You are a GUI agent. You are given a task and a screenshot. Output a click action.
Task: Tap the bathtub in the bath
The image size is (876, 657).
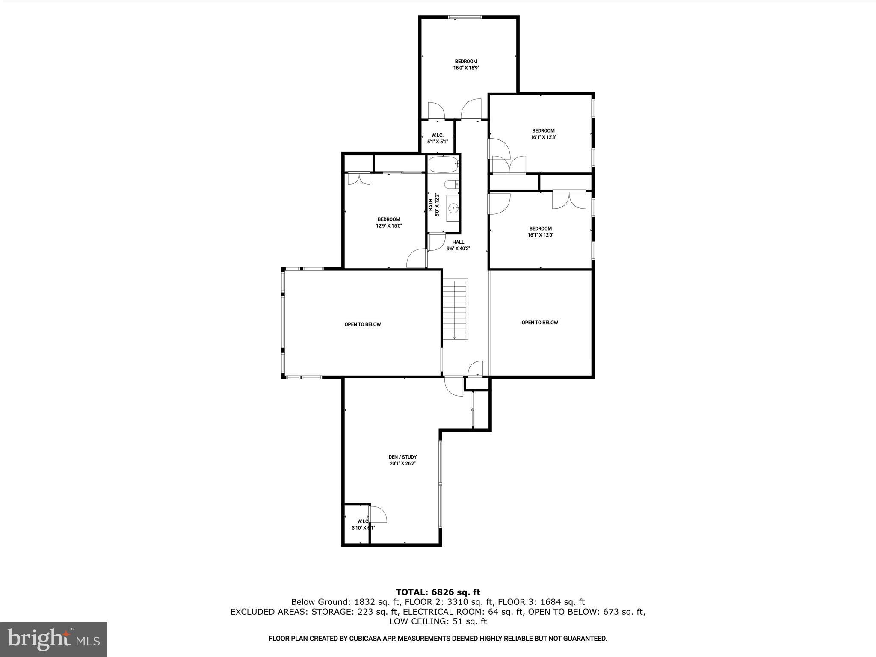(443, 164)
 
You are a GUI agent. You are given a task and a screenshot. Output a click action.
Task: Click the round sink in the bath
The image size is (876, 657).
(453, 208)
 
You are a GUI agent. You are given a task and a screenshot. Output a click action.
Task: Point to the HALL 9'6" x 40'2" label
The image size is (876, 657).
(458, 245)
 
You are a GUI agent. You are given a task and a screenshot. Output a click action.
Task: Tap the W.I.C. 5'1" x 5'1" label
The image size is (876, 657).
(437, 138)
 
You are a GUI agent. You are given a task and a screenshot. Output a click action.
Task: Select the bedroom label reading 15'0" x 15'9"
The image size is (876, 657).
(466, 65)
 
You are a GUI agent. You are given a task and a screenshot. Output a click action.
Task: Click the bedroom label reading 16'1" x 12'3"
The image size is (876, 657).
(543, 134)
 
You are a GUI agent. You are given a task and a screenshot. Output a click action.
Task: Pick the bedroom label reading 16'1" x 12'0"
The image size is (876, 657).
(541, 231)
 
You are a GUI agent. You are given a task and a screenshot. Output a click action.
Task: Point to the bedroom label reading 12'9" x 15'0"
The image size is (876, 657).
(389, 222)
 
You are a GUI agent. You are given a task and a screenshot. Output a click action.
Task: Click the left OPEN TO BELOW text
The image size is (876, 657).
(363, 324)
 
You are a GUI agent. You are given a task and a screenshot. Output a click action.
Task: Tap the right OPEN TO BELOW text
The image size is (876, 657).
(540, 323)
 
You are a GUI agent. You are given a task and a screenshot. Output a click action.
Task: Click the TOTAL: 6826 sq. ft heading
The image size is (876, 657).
(438, 592)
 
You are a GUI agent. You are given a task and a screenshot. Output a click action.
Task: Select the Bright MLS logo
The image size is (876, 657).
(53, 639)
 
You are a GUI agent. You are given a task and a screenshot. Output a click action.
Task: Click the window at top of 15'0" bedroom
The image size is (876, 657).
(465, 18)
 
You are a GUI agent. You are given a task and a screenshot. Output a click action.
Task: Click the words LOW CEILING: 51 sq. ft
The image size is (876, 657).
(438, 621)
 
